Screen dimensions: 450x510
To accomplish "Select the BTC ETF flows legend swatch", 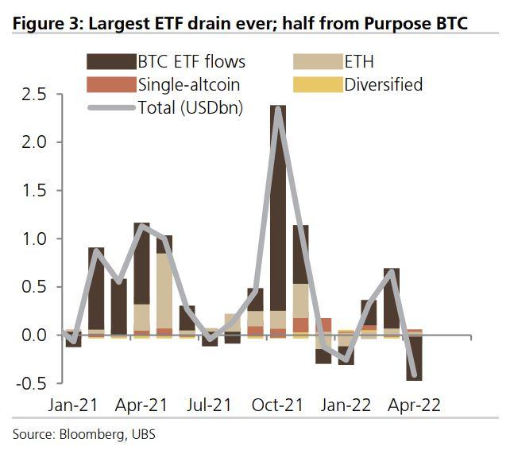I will [110, 61].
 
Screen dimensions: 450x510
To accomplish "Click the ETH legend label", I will [359, 61].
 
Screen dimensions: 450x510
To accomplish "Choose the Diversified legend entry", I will [384, 83].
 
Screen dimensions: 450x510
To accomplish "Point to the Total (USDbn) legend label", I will [190, 106].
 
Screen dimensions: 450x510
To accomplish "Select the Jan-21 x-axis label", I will [72, 404].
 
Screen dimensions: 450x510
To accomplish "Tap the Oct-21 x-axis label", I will [277, 404].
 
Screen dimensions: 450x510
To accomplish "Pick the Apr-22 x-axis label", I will [414, 404].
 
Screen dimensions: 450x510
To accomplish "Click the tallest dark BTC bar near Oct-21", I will [278, 207].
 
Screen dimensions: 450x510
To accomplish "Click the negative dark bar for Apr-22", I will [414, 358].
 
